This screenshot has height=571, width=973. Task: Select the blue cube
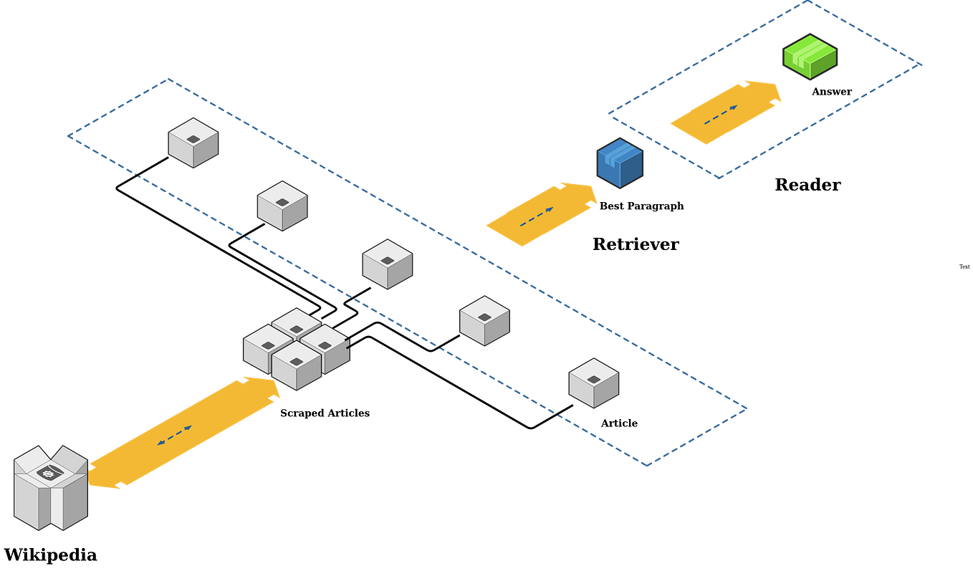click(620, 163)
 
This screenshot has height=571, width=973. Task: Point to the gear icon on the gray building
click(49, 471)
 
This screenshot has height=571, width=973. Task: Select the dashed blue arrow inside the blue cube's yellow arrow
click(537, 217)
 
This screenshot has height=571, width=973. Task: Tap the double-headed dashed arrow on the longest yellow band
click(174, 435)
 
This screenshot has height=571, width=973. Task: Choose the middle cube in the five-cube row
click(388, 264)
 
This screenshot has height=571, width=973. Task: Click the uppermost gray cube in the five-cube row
click(193, 143)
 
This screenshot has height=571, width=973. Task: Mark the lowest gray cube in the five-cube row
click(593, 383)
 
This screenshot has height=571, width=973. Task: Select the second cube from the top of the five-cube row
click(283, 206)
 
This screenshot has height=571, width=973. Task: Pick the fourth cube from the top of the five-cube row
click(484, 321)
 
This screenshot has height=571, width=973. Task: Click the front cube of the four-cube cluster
click(296, 365)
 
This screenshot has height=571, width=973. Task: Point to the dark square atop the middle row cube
click(388, 260)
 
